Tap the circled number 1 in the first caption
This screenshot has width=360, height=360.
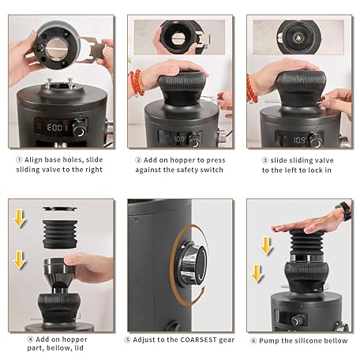tap(19, 159)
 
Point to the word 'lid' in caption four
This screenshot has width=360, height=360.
tap(79, 348)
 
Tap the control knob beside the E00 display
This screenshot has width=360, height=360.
tap(79, 129)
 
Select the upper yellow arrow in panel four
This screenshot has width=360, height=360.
tap(19, 218)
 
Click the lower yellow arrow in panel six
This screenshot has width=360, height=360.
tap(257, 274)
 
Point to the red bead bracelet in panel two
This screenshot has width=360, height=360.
tap(137, 83)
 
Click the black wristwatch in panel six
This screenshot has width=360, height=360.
tap(345, 210)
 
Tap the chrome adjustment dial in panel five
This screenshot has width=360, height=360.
tap(192, 264)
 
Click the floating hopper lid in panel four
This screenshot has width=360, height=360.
tap(60, 208)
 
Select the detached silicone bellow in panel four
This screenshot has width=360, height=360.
tap(60, 234)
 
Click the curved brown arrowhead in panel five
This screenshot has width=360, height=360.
tap(202, 291)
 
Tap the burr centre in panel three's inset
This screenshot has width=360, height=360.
tap(298, 37)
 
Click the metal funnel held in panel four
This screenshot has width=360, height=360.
tap(59, 274)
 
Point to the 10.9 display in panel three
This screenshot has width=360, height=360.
tap(299, 140)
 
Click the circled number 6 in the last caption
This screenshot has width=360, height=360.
tap(253, 341)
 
